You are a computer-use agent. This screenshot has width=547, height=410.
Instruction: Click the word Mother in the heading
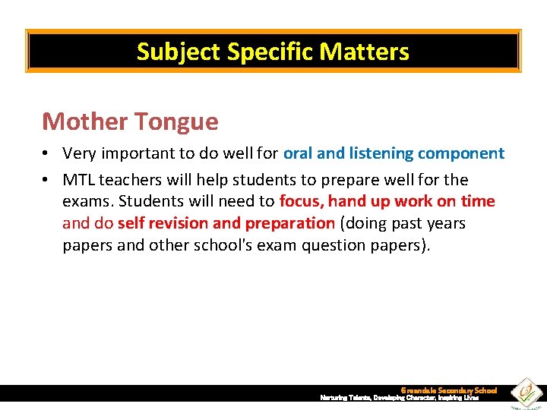point(84,121)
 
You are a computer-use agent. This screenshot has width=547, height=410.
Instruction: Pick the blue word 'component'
point(462,153)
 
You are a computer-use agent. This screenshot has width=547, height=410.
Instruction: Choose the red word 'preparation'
point(289,223)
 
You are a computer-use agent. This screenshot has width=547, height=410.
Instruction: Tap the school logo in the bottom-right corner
point(524,393)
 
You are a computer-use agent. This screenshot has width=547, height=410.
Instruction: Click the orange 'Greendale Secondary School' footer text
point(448,390)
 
